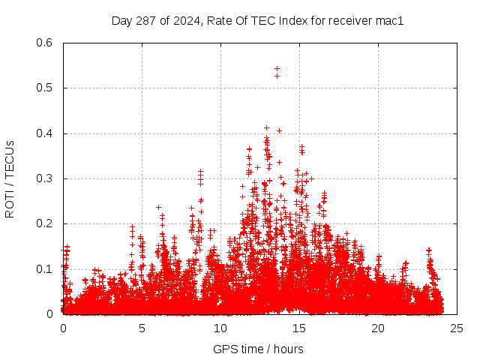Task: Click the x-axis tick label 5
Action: pyautogui.click(x=142, y=328)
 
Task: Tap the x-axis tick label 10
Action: pyautogui.click(x=220, y=328)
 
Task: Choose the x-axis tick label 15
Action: pyautogui.click(x=299, y=328)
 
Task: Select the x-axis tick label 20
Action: pyautogui.click(x=378, y=328)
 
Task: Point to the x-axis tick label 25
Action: pyautogui.click(x=457, y=328)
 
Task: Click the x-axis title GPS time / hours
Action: pyautogui.click(x=258, y=349)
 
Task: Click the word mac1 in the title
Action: pyautogui.click(x=390, y=21)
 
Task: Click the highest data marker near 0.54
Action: pyautogui.click(x=277, y=68)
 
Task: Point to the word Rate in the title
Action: pyautogui.click(x=218, y=21)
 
